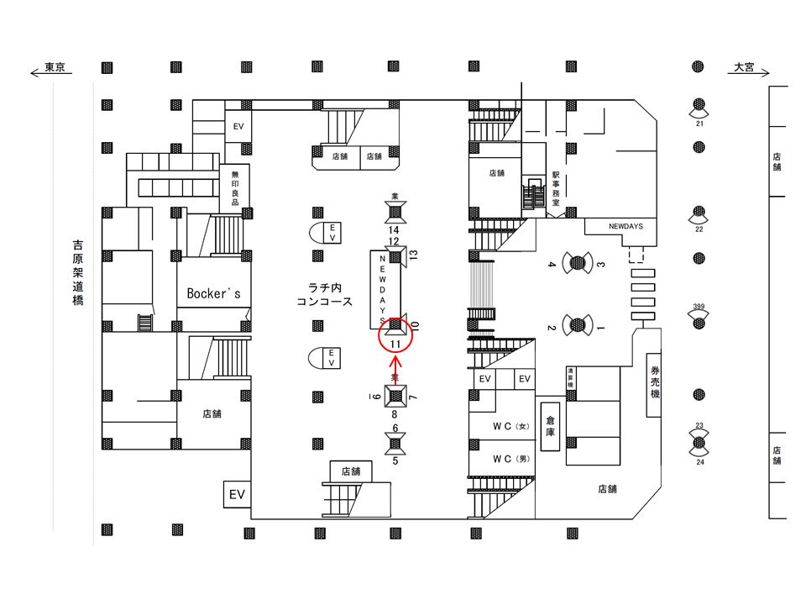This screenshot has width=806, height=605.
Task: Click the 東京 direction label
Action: click(55, 67)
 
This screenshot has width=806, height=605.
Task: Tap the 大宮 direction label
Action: click(745, 67)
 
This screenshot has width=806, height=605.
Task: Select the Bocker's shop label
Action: click(214, 293)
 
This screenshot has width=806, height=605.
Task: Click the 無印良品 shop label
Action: click(235, 187)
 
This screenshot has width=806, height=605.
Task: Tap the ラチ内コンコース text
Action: click(324, 294)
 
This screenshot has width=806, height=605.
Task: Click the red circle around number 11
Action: click(395, 334)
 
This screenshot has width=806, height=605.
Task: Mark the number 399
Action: click(699, 307)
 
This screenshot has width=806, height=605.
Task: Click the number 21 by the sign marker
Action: click(699, 123)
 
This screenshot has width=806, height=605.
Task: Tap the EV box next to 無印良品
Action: click(238, 126)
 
